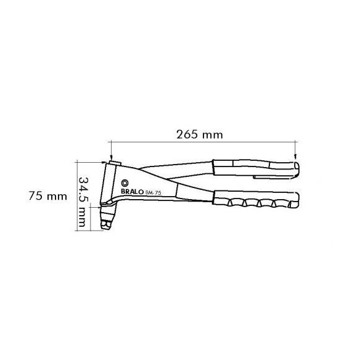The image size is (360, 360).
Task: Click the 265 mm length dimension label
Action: (200, 134)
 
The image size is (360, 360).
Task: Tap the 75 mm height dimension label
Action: (47, 196)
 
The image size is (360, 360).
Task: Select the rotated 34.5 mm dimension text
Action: (82, 202)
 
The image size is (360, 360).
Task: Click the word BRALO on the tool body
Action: (132, 192)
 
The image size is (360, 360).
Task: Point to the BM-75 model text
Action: (153, 193)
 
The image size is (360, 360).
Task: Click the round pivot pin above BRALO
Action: (125, 183)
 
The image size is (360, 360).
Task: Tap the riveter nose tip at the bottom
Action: (105, 225)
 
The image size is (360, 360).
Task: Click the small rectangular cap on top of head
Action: (115, 163)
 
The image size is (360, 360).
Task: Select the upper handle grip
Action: (255, 168)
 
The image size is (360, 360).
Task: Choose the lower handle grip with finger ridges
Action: (256, 199)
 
